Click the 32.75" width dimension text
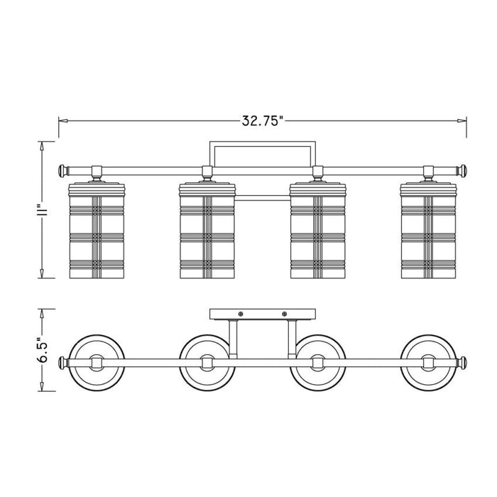tap(263, 121)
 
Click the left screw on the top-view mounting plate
tap(241, 314)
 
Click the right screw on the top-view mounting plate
tap(284, 314)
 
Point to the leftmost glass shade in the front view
tap(97, 231)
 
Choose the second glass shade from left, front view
tap(207, 231)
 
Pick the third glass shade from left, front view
tap(318, 231)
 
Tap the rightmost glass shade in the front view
tap(428, 231)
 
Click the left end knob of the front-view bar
tap(62, 171)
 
